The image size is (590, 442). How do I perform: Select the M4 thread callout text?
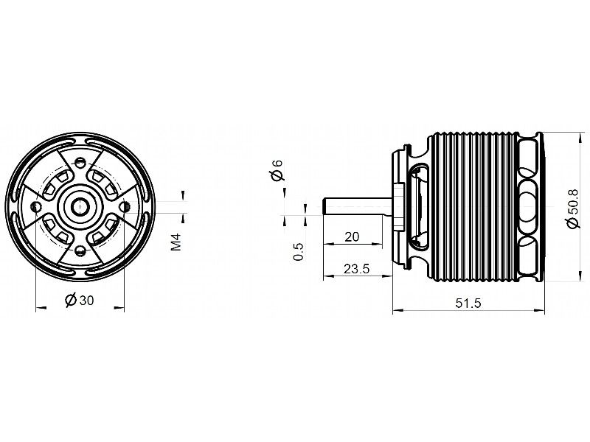coord(176,242)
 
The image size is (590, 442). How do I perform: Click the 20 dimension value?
coord(352,236)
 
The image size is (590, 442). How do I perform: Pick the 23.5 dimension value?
coord(356,269)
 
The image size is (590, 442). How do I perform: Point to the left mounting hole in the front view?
coord(36,206)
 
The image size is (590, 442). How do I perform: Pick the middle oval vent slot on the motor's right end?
coord(530,205)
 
